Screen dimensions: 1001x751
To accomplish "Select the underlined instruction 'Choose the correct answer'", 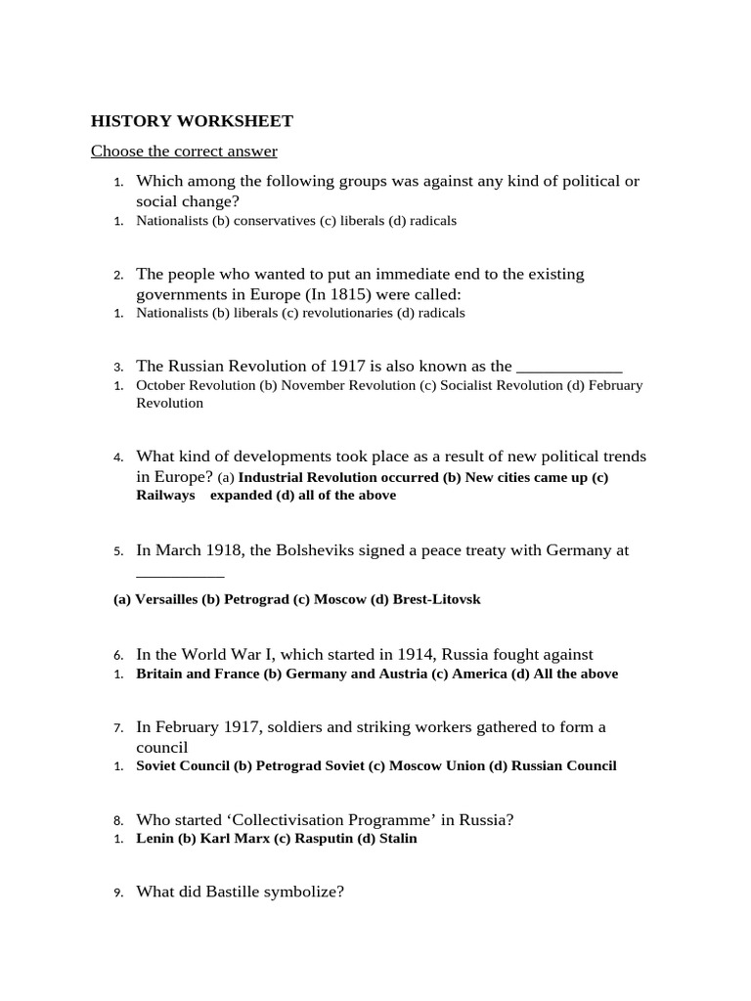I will (184, 151).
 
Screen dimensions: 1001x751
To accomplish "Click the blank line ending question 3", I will (569, 368).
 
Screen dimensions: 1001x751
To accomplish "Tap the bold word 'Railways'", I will (165, 496).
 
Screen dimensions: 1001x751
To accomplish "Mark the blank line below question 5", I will (180, 575).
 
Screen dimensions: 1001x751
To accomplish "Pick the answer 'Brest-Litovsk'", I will (436, 599).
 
